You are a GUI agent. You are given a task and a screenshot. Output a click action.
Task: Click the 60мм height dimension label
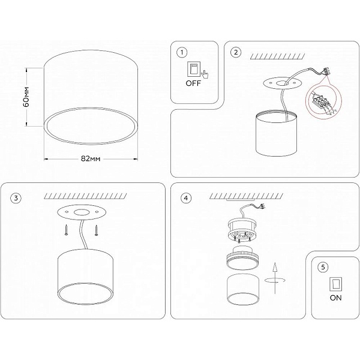26,97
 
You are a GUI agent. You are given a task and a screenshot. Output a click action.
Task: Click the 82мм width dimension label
91,158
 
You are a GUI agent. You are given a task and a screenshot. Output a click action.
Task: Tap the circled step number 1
182,52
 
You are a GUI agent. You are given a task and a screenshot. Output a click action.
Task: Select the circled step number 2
236,52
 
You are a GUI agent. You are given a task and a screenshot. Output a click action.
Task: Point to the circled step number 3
16,198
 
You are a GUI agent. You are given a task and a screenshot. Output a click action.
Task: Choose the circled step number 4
186,198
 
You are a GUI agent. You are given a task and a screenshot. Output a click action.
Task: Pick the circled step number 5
323,267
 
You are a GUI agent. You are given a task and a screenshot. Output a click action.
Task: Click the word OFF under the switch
193,83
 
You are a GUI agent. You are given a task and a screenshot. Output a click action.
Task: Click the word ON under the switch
335,298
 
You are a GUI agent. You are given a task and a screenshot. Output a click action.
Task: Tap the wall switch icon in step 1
194,69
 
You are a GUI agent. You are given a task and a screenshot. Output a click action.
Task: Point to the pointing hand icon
205,74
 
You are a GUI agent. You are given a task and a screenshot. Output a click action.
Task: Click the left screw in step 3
67,230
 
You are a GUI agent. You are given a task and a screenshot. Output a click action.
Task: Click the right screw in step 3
96,230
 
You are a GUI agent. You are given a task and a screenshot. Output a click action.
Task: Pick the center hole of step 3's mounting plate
82,212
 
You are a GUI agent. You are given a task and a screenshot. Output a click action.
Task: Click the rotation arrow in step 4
275,280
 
